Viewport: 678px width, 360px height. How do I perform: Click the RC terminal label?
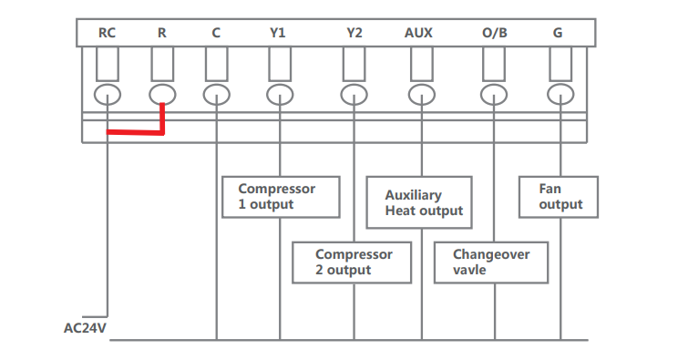(108, 34)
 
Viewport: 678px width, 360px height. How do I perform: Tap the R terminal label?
(161, 34)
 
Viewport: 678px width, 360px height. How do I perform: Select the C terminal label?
(216, 34)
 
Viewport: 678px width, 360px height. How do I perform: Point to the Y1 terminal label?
(278, 34)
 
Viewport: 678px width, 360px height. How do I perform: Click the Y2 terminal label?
(354, 34)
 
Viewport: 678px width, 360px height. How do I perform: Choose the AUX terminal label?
(418, 34)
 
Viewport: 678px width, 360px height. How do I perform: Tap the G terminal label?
(557, 34)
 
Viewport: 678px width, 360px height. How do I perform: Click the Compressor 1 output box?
(281, 197)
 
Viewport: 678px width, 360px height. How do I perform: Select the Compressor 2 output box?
(355, 262)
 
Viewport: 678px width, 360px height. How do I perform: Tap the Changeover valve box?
(492, 262)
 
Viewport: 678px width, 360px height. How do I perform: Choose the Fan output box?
(559, 197)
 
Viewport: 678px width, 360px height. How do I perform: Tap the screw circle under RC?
(108, 94)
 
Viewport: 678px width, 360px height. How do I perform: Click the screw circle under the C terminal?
(216, 94)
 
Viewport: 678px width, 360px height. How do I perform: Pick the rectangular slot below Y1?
(280, 64)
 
